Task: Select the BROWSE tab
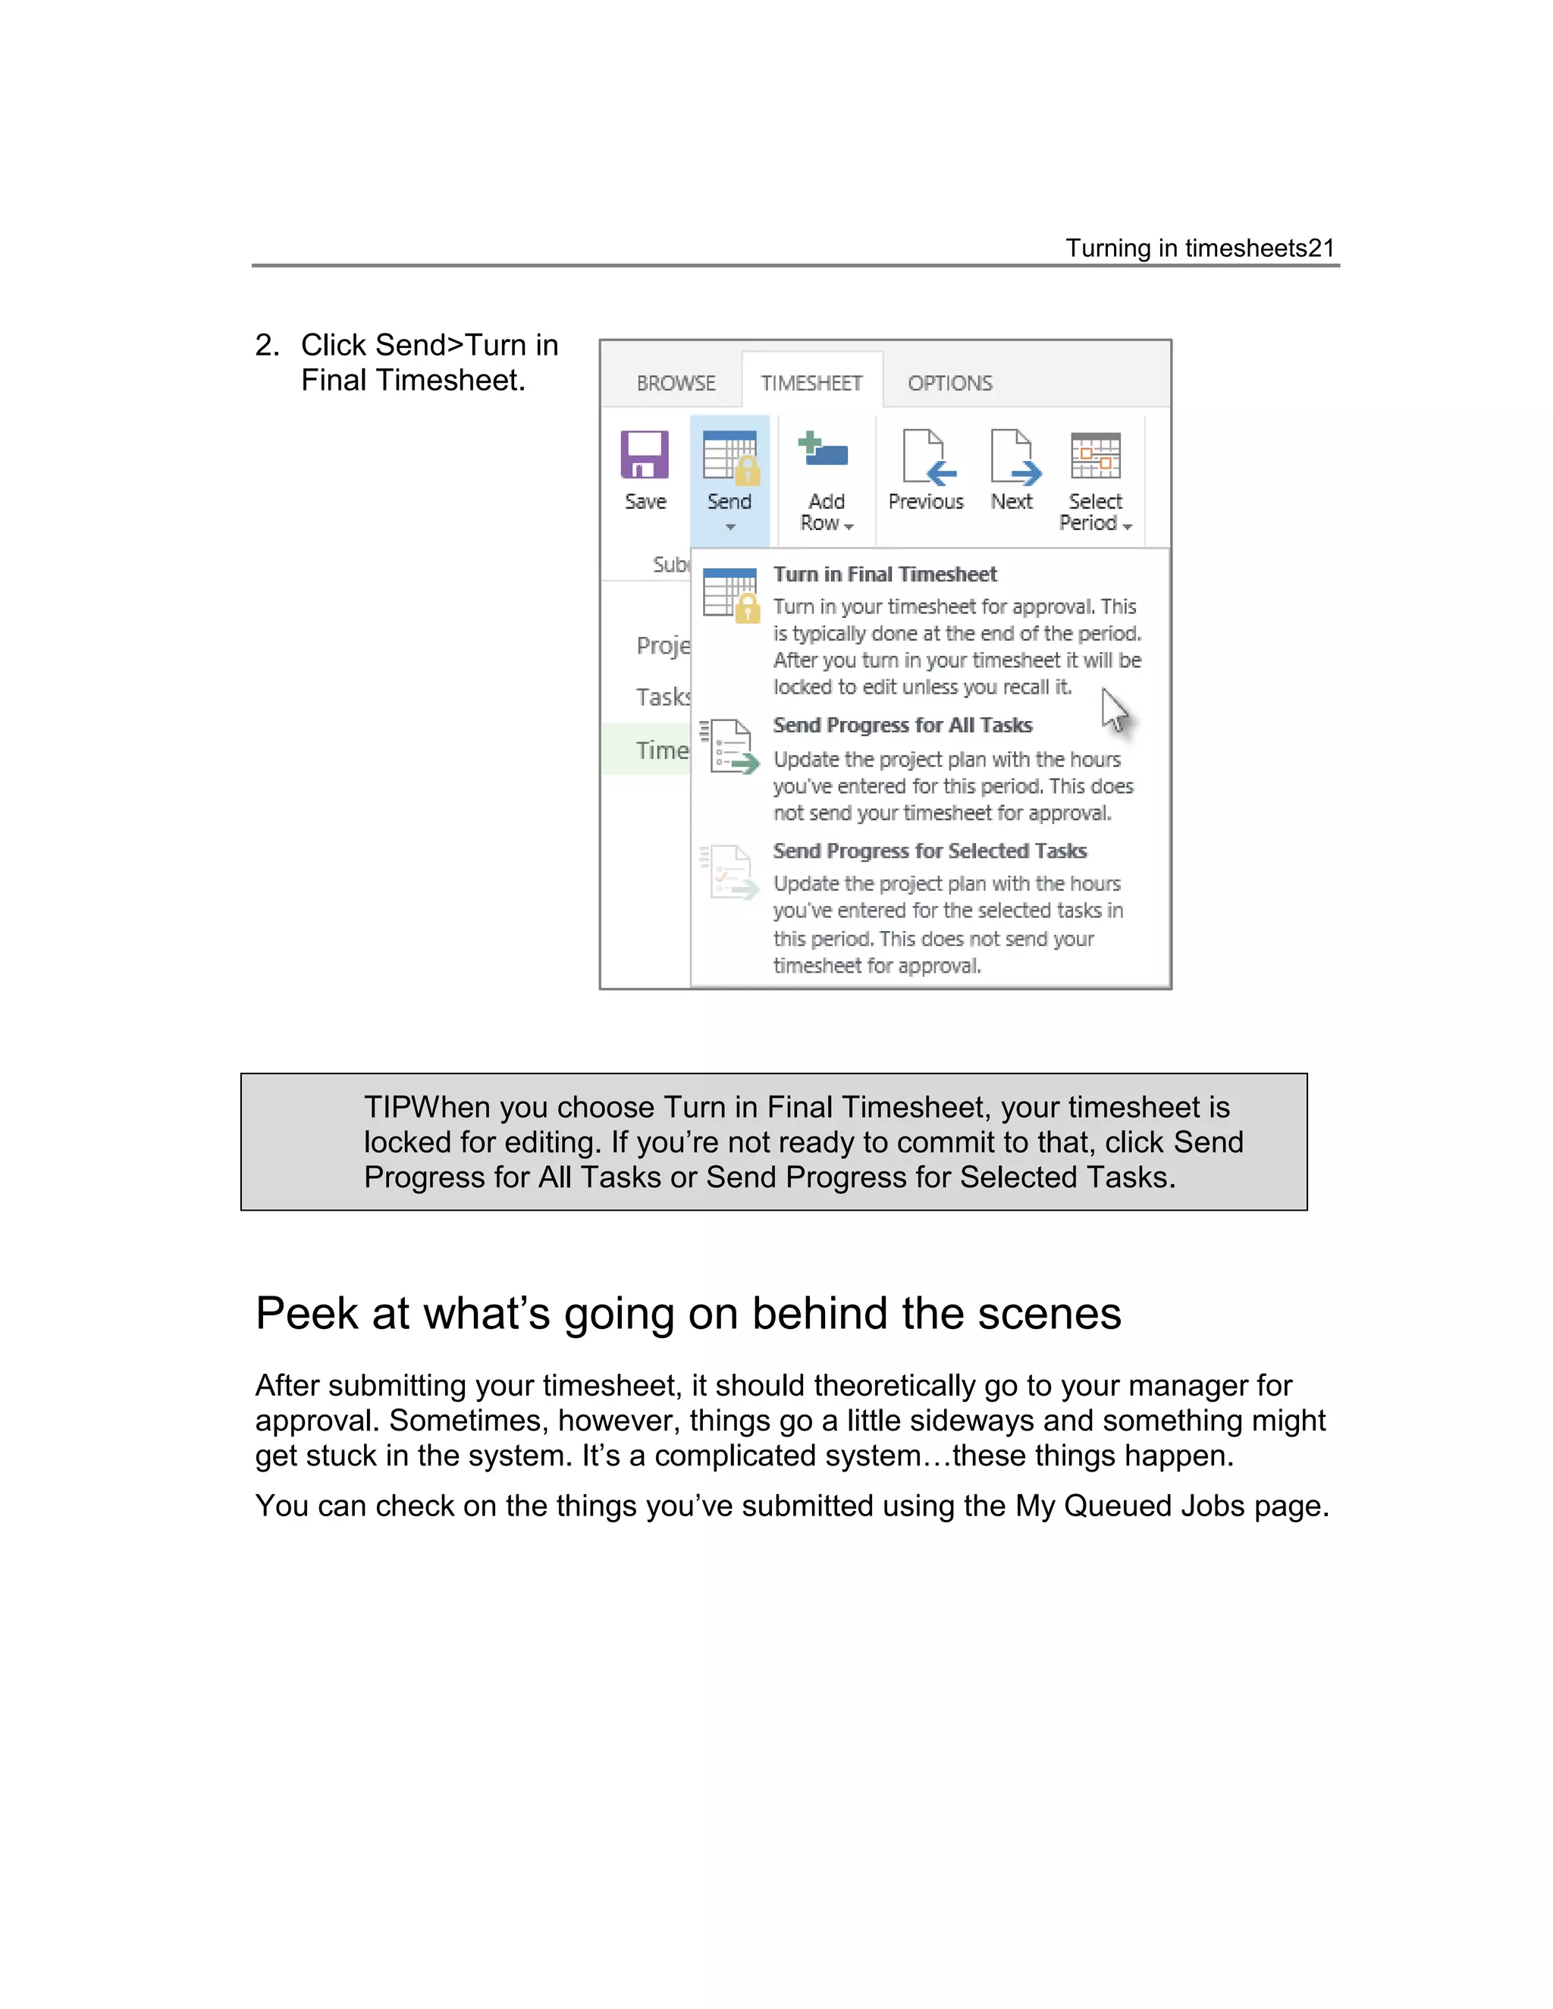tap(676, 383)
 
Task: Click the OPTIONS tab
tap(949, 383)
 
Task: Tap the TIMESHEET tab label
tap(811, 383)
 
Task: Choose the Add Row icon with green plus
tap(824, 451)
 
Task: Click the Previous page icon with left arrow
tap(927, 456)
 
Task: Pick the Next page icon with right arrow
tap(1014, 456)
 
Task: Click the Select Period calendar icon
tap(1096, 456)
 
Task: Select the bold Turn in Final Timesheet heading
tap(884, 575)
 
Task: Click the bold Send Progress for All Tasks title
tap(902, 726)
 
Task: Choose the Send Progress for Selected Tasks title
tap(929, 851)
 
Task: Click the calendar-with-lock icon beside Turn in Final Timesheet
tap(730, 595)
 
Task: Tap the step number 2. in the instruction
tap(267, 346)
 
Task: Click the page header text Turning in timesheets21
tap(1199, 249)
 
